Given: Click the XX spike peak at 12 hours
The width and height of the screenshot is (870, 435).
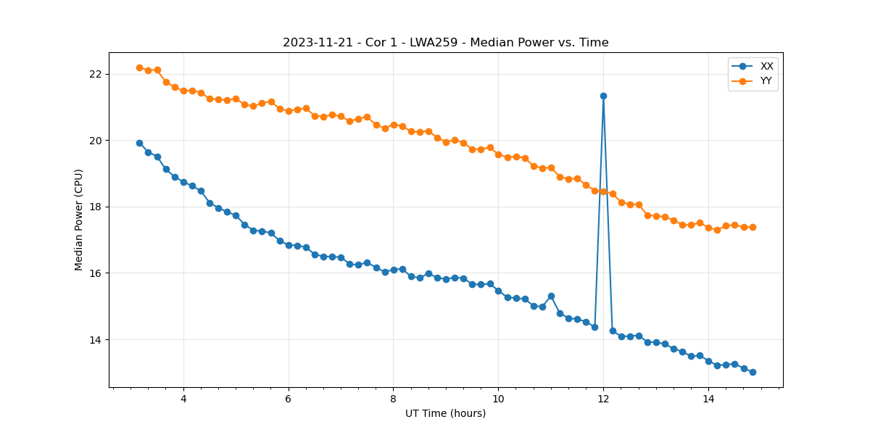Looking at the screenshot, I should pos(603,96).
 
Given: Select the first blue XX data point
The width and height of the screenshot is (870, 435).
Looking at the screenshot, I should pos(139,143).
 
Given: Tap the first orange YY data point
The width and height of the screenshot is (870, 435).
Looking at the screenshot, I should pos(139,67).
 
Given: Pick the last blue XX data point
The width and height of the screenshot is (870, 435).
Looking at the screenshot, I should pos(753,372).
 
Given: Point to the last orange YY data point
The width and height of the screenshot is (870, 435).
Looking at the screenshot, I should pos(753,227).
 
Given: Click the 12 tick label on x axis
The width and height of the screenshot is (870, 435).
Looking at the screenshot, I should pos(603,398).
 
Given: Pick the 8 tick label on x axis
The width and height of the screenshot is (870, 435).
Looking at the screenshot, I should pos(393,398).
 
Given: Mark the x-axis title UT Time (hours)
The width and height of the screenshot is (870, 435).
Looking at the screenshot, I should pos(445,413).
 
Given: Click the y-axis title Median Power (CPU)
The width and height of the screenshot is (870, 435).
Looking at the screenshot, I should pos(79,220).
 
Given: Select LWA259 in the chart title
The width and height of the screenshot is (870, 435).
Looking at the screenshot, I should pos(439,43).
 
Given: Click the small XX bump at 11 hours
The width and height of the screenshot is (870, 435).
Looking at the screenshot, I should pos(551,296).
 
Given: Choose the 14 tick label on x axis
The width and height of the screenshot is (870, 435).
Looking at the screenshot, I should pos(708,398).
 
